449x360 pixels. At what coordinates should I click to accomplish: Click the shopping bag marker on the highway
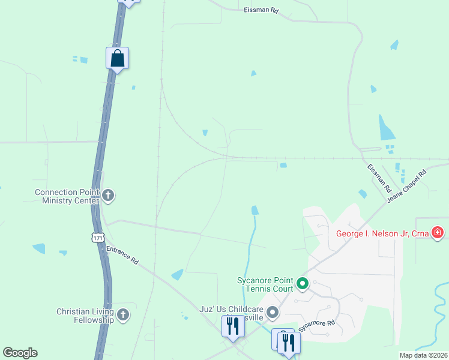tap(118, 58)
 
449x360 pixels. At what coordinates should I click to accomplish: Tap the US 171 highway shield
tap(98, 238)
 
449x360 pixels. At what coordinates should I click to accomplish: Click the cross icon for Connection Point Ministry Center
tap(108, 195)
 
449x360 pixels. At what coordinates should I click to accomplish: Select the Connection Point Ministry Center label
tap(66, 196)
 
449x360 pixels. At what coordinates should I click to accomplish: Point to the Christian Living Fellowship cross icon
tap(122, 315)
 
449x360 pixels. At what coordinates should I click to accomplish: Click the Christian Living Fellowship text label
tap(85, 316)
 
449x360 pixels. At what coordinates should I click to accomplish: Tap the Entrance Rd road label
tap(122, 254)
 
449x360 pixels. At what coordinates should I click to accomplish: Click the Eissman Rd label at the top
tap(262, 10)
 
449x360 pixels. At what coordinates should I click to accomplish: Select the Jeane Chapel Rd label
tap(406, 185)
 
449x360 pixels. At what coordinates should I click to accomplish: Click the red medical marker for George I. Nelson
tap(438, 232)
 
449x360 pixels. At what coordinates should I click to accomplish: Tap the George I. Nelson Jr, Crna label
tap(382, 233)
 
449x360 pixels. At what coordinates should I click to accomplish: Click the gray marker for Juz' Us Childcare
tap(273, 312)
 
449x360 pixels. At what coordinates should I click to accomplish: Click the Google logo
tap(20, 353)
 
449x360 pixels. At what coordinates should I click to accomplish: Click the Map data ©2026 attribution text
tap(423, 355)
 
